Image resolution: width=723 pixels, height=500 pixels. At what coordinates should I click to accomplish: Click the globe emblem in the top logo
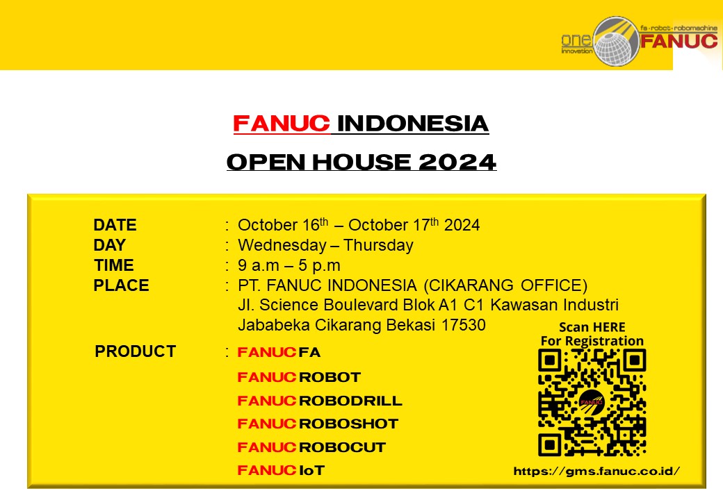617,42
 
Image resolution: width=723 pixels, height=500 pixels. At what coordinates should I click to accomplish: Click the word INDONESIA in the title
413,124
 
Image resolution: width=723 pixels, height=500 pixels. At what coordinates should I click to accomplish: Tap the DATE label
115,225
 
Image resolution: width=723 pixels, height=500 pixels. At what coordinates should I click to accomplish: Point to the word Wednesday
282,245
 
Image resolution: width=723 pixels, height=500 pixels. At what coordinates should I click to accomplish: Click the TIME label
114,265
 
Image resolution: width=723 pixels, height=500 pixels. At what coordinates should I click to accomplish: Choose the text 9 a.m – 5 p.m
289,265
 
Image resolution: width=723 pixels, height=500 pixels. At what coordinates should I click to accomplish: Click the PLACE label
121,285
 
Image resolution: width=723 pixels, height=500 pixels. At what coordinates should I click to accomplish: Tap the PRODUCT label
135,351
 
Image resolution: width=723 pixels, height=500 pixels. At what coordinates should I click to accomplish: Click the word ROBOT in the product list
330,377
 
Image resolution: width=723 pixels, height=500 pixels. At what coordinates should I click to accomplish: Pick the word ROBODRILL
350,401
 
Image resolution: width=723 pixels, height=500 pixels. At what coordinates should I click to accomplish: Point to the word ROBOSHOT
348,424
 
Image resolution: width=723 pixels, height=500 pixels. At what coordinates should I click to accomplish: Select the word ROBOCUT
342,447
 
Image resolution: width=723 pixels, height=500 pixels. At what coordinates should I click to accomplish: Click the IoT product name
311,470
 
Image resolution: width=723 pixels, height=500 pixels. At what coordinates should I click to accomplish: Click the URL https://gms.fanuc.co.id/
596,471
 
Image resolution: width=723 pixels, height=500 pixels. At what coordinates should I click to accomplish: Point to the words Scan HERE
592,327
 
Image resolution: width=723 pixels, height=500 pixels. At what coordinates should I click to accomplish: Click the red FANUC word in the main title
282,124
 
